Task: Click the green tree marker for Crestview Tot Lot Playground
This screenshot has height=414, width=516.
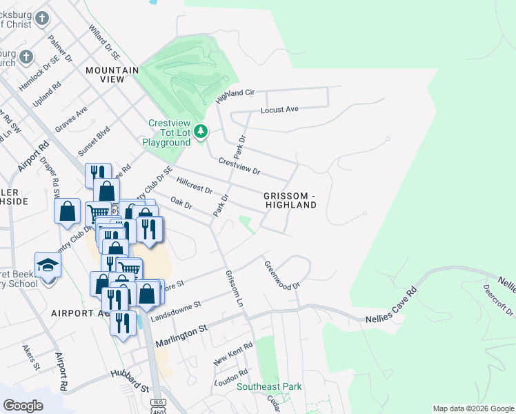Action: tap(201, 130)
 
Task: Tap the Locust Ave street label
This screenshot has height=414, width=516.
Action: tap(279, 110)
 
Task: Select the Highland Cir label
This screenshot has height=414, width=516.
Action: tap(235, 93)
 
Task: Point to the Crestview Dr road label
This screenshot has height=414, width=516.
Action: tap(239, 166)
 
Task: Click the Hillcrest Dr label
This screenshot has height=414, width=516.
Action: tap(194, 186)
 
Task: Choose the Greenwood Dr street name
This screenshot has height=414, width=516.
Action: tap(283, 275)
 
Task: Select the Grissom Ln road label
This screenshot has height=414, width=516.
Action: tap(235, 289)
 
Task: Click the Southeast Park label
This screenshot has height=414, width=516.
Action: tap(269, 387)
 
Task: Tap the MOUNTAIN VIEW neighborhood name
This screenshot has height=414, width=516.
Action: tap(112, 75)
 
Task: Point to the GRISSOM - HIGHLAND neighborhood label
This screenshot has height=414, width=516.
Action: tap(290, 200)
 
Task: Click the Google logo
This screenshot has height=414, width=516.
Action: tap(23, 405)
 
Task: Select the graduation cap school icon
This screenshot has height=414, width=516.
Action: tap(48, 266)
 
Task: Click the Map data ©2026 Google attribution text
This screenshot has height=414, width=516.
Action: tap(473, 408)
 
